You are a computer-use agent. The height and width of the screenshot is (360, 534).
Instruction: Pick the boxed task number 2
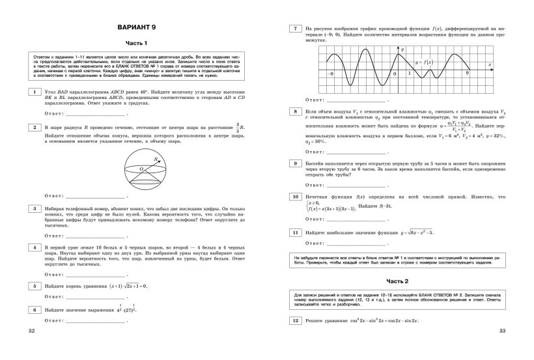34,126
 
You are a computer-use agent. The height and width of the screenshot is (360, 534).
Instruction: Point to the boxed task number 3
34,208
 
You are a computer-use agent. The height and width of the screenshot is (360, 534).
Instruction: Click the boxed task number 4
34,247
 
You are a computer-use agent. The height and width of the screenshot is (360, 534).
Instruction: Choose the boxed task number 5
34,285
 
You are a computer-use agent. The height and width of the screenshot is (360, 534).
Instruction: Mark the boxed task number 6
34,310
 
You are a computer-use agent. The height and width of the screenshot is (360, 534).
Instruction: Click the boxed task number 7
295,29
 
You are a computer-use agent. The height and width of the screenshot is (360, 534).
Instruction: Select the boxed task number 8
295,112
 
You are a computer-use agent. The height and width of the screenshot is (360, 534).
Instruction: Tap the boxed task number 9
295,163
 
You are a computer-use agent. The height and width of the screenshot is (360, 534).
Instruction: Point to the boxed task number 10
295,196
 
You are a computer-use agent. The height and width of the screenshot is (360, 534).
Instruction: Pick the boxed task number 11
295,232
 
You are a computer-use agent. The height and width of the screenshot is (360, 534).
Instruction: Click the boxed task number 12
295,321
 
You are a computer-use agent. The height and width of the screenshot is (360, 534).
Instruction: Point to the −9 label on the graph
331,74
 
